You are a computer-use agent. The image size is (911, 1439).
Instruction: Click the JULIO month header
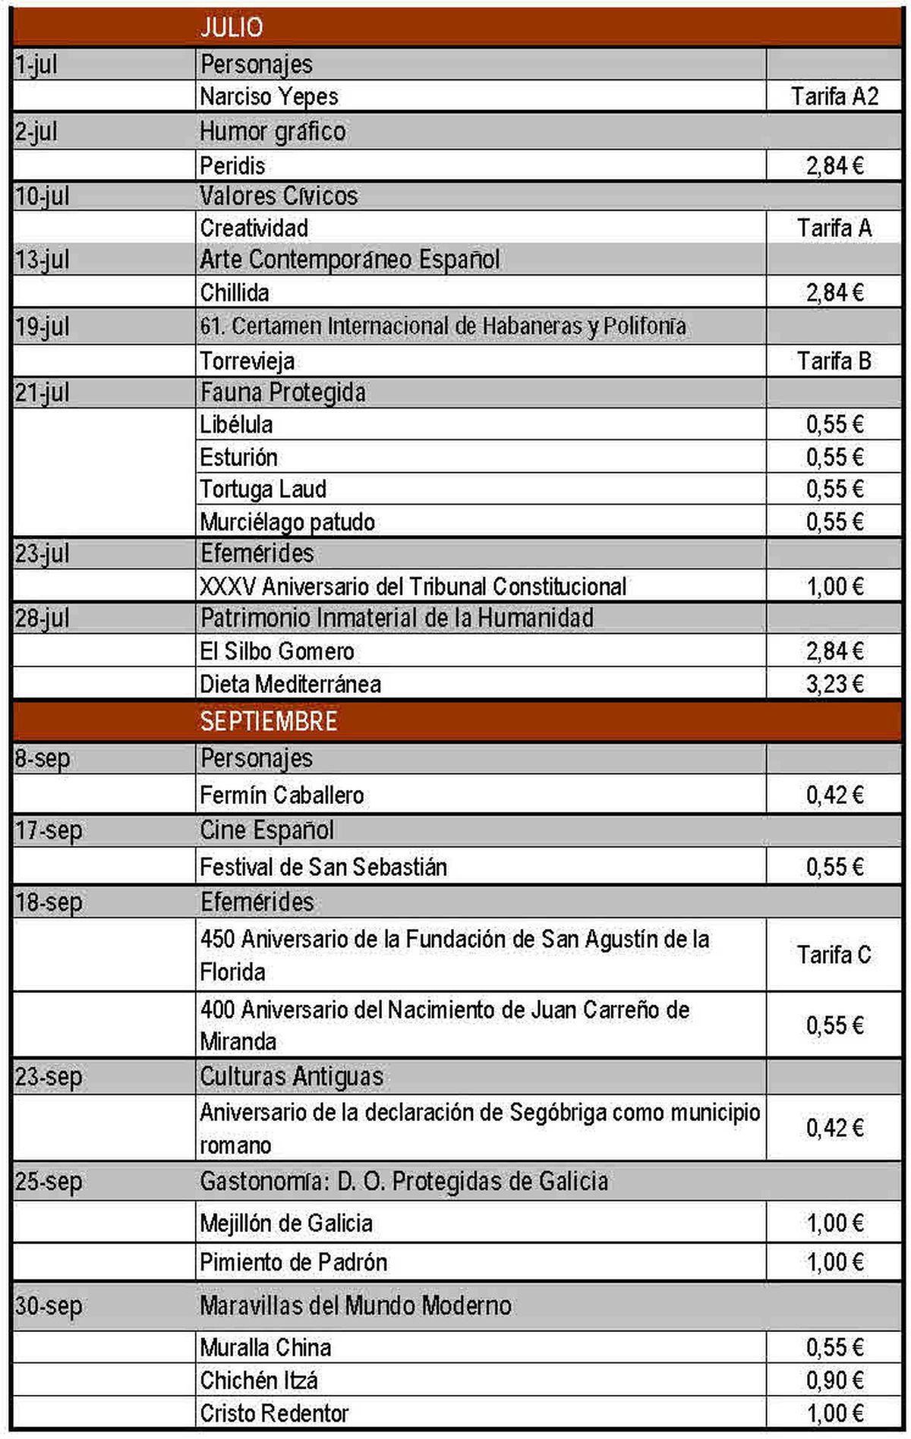click(232, 27)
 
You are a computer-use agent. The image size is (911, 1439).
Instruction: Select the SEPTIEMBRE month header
click(269, 720)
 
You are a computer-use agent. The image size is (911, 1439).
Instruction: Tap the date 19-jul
click(43, 327)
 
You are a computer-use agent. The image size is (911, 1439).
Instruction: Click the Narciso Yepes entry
click(269, 97)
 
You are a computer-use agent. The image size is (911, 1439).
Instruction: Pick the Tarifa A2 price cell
click(834, 97)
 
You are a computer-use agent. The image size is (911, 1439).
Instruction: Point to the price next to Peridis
click(834, 165)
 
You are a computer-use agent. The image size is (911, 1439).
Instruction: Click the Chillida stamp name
click(235, 292)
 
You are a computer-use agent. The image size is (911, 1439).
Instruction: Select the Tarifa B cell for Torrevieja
click(834, 361)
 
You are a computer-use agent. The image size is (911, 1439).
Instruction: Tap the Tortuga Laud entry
click(263, 490)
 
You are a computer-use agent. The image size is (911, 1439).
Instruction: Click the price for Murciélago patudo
click(834, 522)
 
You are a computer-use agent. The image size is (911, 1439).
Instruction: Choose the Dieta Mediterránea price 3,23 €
click(834, 684)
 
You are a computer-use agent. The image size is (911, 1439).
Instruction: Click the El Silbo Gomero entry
click(277, 651)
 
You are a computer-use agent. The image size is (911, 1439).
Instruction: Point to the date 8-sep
click(43, 758)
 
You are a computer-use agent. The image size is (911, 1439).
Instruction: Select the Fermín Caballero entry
click(282, 795)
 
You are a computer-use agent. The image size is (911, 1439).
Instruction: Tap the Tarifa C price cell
click(834, 955)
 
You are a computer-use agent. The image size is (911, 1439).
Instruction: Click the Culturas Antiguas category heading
click(292, 1076)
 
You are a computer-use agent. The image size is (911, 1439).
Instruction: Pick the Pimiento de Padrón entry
click(294, 1262)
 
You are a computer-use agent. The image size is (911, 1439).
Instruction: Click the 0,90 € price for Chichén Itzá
click(834, 1380)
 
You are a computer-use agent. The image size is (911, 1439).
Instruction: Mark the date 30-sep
click(49, 1305)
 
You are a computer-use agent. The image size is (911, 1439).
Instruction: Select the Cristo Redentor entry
click(274, 1413)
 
